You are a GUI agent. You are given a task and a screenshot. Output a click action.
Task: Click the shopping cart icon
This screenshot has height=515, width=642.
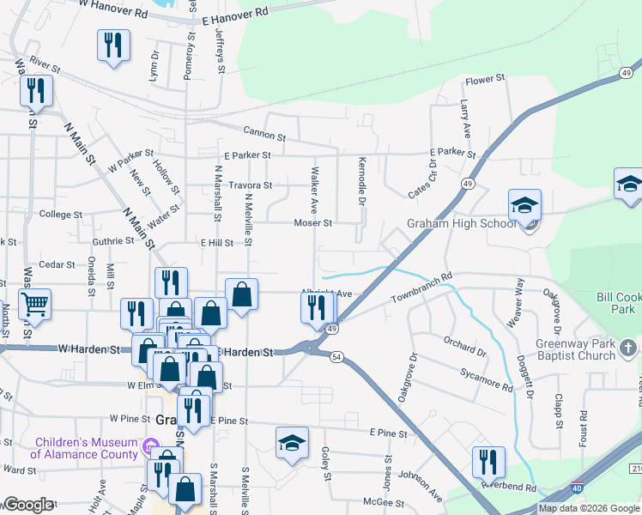(x=35, y=303)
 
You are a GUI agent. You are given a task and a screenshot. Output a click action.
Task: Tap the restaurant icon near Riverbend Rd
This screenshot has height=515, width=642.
(x=488, y=462)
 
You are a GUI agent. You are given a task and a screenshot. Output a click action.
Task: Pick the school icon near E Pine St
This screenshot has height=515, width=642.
(x=292, y=443)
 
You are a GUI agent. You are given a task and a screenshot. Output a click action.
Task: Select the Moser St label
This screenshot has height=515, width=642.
(x=313, y=222)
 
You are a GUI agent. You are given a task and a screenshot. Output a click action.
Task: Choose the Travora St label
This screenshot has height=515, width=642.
(x=249, y=185)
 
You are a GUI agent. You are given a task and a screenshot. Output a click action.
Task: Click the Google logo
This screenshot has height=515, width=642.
(x=27, y=505)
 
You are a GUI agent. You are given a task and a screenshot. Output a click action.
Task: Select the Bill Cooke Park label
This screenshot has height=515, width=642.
(x=619, y=303)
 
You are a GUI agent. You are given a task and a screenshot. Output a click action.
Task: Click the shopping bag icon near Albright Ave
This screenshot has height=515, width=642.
(x=242, y=294)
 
